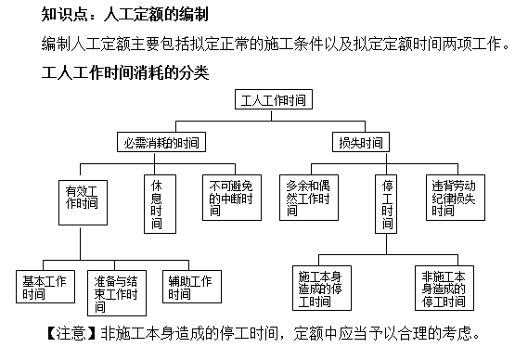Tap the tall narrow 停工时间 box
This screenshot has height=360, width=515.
pyautogui.click(x=388, y=204)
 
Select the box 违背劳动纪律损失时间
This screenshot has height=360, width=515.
pyautogui.click(x=453, y=197)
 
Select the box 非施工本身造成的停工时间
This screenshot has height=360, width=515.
pyautogui.click(x=442, y=288)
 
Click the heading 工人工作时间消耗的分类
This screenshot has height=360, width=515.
pyautogui.click(x=125, y=71)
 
